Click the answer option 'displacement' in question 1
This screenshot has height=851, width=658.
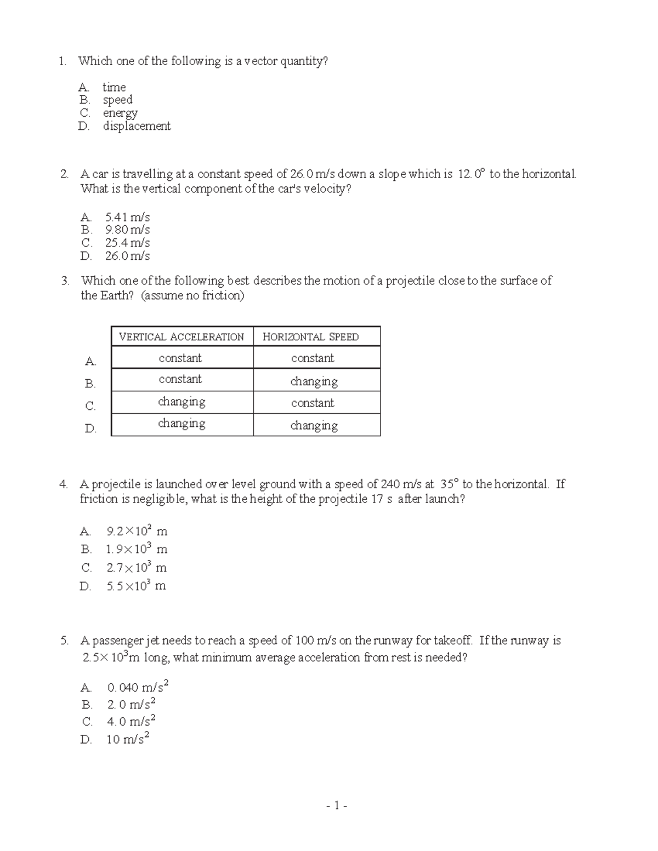tap(137, 126)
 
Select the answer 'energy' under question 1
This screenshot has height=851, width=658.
tap(120, 113)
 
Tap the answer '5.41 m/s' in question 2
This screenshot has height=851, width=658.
tap(127, 217)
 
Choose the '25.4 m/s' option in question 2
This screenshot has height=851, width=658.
tap(127, 243)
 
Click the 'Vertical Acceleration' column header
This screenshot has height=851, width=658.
tap(182, 337)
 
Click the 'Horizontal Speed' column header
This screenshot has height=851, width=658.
tap(310, 337)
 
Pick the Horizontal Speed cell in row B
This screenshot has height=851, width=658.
tap(314, 381)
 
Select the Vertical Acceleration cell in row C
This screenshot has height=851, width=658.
tap(181, 402)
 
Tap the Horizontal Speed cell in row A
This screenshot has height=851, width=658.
tap(313, 358)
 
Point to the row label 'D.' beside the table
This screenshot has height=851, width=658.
tap(90, 429)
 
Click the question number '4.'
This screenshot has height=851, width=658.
tap(65, 484)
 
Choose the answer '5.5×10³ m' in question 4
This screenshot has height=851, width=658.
tap(136, 586)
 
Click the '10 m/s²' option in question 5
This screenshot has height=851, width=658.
tap(128, 739)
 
